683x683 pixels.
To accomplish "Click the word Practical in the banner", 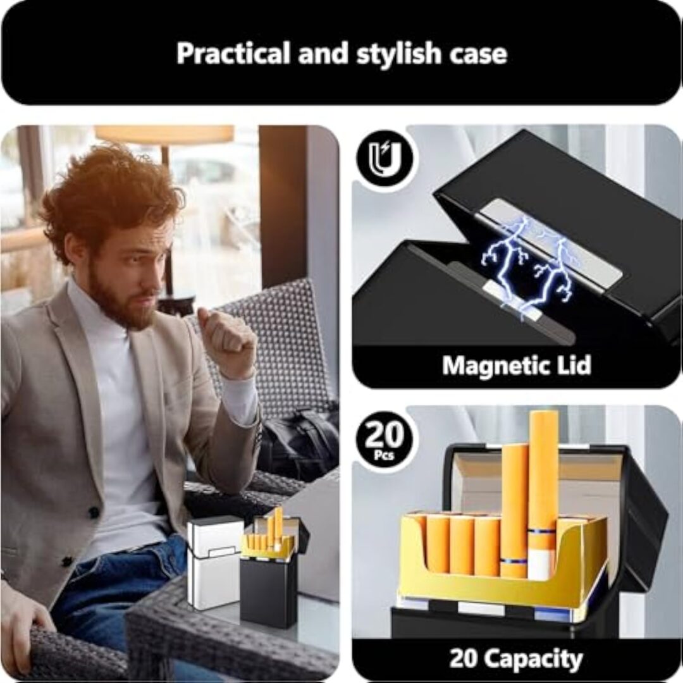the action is pos(233,53).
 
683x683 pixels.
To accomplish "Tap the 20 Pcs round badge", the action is pos(385,440).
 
